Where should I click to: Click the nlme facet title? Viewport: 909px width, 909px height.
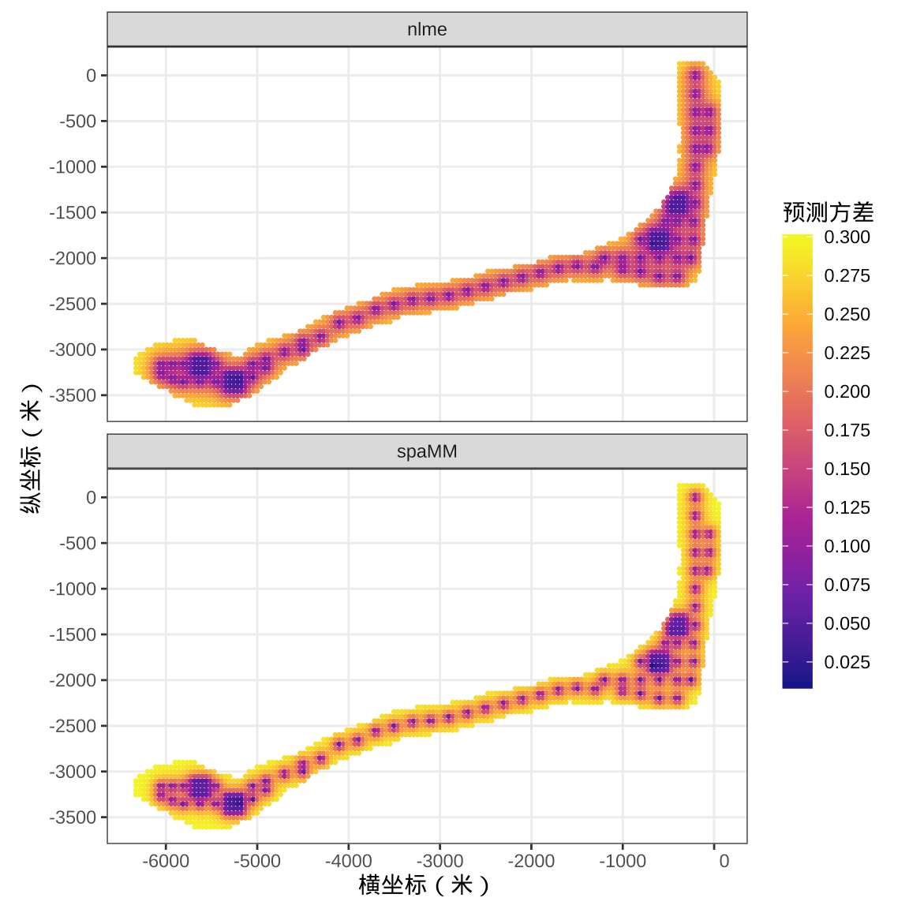tap(427, 29)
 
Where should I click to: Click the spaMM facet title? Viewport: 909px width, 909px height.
tap(427, 451)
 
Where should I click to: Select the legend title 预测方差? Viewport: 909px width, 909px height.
tap(828, 213)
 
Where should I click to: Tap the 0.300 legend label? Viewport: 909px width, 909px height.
tap(847, 237)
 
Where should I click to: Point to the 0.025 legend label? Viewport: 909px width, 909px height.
tap(847, 662)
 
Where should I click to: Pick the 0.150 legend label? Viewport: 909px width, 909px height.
tap(847, 469)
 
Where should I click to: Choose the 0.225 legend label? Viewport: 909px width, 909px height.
tap(847, 353)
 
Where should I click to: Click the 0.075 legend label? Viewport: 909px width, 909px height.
tap(847, 585)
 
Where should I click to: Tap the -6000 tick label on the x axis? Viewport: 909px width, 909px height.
tap(166, 862)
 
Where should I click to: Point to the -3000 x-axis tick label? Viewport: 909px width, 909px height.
tap(440, 862)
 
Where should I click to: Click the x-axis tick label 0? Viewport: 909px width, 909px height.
tap(724, 862)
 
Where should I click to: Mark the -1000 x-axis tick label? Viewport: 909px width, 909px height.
tap(623, 862)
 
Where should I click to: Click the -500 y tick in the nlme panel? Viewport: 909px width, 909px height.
tap(77, 122)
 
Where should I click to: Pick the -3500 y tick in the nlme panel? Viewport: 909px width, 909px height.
tap(73, 395)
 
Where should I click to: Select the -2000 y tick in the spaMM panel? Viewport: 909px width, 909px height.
tap(73, 680)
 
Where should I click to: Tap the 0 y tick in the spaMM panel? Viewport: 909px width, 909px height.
tap(91, 497)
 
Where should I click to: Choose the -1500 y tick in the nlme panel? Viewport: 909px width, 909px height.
tap(73, 213)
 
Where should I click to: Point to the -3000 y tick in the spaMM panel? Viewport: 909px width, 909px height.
tap(73, 772)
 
